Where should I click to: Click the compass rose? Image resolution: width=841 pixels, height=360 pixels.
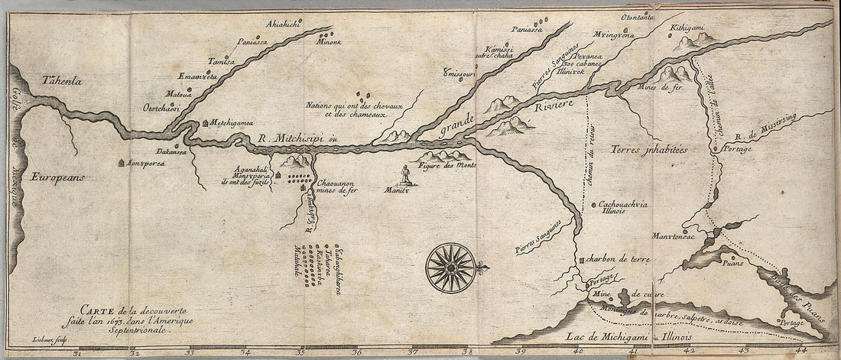451,268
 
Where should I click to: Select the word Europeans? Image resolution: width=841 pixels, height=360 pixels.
58,177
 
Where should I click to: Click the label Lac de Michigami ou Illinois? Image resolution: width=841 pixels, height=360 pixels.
632,336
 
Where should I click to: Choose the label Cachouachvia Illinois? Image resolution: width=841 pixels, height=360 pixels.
621,208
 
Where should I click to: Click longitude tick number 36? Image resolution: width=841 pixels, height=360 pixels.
356,353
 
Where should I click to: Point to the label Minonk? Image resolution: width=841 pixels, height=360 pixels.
329,44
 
